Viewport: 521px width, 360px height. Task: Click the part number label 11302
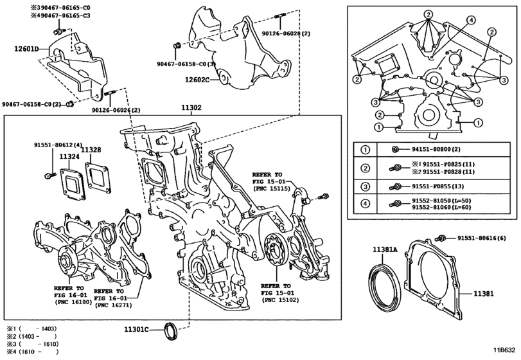click(x=191, y=108)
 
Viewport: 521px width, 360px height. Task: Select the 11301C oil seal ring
click(x=172, y=330)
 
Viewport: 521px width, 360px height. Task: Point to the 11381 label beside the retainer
click(x=484, y=294)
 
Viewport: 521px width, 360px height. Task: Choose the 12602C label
click(x=197, y=80)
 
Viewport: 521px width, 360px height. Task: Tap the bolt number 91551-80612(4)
click(x=58, y=145)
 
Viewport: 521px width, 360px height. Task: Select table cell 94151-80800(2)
click(x=436, y=149)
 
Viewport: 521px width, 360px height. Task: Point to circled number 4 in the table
click(x=365, y=203)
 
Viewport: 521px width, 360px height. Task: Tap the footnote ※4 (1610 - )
click(x=33, y=352)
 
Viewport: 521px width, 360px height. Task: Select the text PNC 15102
click(x=281, y=300)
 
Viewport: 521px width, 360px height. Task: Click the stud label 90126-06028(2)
click(x=286, y=33)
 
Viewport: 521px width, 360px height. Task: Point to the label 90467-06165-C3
click(x=60, y=15)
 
